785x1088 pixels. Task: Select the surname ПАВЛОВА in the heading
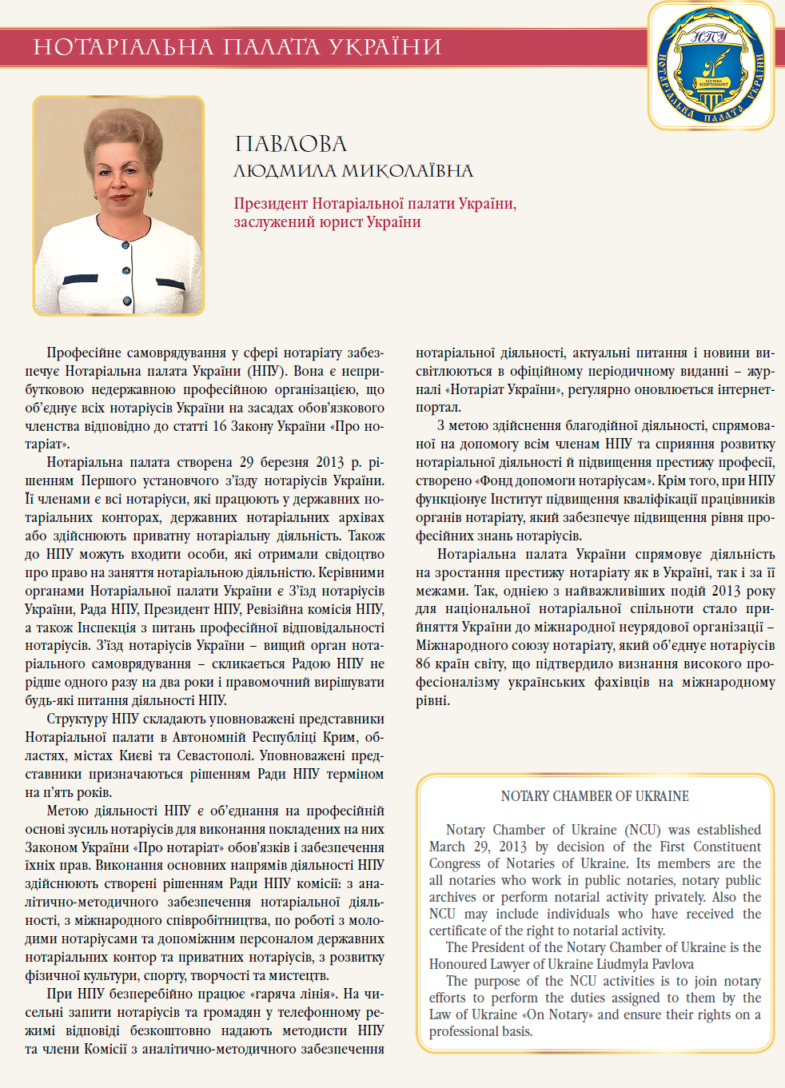click(291, 144)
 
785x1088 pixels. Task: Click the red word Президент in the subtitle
click(270, 204)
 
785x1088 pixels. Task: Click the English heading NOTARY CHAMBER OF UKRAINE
click(595, 796)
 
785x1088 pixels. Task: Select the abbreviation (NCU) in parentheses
click(643, 830)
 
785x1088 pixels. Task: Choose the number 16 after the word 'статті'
click(220, 426)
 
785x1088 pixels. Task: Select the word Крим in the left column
click(341, 737)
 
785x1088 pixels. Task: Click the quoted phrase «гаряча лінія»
click(295, 994)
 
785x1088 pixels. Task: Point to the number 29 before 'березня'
click(246, 463)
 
